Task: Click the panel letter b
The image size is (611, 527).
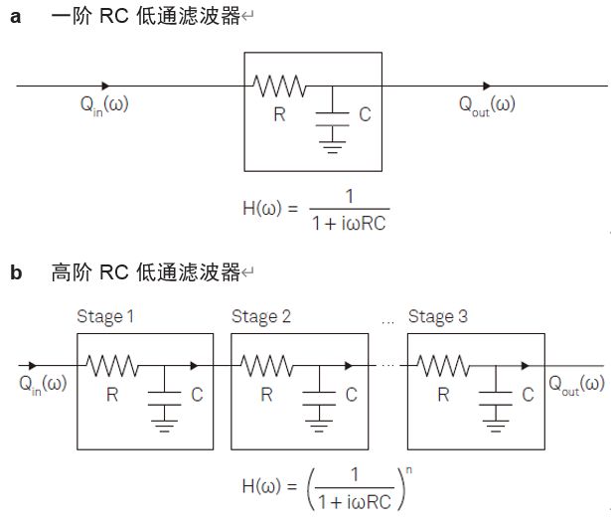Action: [x=16, y=271]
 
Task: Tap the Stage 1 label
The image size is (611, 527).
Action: [x=106, y=317]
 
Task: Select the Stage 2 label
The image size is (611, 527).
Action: [x=261, y=317]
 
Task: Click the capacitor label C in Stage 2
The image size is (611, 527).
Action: [x=352, y=395]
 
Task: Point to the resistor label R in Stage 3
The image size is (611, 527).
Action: [x=444, y=395]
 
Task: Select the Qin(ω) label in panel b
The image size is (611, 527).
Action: [x=43, y=384]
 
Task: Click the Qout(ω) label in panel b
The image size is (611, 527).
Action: [x=577, y=385]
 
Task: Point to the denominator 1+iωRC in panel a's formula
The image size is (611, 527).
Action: [x=347, y=223]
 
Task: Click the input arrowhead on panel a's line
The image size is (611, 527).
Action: [x=105, y=86]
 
